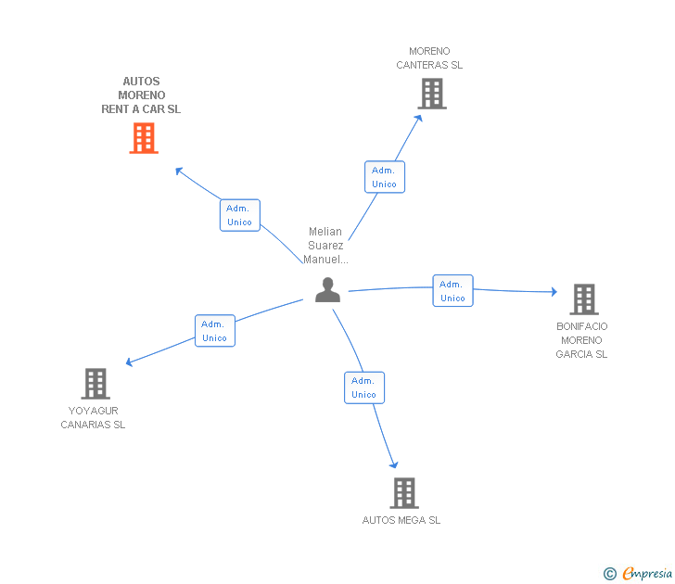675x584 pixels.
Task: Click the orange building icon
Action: pos(143,138)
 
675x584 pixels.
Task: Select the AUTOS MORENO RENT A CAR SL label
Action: pos(141,95)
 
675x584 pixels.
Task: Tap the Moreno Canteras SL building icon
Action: pos(431,94)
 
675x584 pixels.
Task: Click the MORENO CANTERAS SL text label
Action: pos(429,58)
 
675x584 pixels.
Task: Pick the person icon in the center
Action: pos(327,290)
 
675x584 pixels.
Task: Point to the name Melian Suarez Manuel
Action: pos(325,246)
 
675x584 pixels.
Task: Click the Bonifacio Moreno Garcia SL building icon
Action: pos(583,299)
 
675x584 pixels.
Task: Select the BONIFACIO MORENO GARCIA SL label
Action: pos(582,340)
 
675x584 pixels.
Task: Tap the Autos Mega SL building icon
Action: pos(403,493)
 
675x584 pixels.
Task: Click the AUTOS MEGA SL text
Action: pos(401,520)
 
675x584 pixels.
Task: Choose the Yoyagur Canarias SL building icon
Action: pos(96,383)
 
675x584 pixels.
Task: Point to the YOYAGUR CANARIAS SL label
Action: pos(93,418)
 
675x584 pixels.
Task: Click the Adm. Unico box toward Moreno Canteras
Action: pos(384,177)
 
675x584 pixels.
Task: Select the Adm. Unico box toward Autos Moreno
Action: pos(239,215)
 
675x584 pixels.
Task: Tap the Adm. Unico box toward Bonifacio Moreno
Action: pos(452,291)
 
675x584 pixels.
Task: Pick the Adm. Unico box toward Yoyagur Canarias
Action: pos(214,331)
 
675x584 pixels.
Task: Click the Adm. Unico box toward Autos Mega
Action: pos(363,387)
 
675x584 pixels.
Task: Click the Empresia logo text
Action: pos(647,573)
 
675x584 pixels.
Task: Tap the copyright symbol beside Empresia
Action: pos(610,574)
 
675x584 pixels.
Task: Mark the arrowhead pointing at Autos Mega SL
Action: pos(395,464)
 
